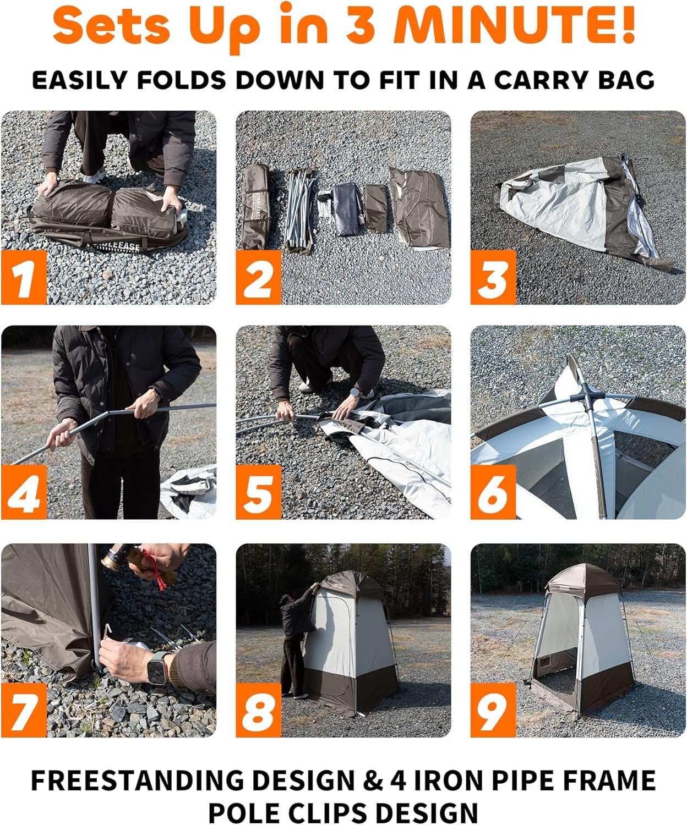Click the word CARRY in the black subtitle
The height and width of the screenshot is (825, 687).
[542, 80]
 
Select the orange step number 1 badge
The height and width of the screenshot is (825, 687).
[24, 277]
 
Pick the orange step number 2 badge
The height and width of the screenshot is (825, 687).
[258, 277]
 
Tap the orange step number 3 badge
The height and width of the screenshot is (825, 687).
[493, 277]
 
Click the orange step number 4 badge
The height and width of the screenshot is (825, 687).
[24, 492]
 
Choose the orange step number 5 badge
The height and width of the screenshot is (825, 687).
[258, 492]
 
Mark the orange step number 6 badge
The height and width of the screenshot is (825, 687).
[493, 492]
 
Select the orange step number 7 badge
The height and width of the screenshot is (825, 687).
[24, 710]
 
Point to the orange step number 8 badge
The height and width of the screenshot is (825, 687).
[258, 710]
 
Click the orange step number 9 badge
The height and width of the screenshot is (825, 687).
[493, 710]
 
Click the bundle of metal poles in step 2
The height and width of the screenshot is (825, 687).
[301, 209]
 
